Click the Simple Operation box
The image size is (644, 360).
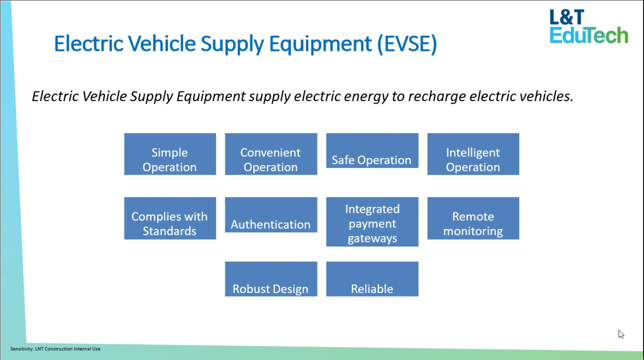(x=170, y=154)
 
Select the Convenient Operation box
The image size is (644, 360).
(x=271, y=154)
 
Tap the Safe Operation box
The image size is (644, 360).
(x=372, y=151)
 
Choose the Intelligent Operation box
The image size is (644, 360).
(x=473, y=154)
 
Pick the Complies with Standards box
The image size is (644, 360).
(x=170, y=218)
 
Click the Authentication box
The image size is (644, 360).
(x=271, y=215)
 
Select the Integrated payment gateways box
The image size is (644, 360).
(x=372, y=222)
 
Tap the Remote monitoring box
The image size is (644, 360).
(x=473, y=218)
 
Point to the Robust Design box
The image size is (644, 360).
(x=271, y=279)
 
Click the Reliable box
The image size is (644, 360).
(x=372, y=279)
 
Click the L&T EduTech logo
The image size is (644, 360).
(x=589, y=26)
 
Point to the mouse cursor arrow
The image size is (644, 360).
(x=621, y=334)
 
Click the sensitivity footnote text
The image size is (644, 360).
(x=55, y=349)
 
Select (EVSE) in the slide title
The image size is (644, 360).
(x=407, y=44)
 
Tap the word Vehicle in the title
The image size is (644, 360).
(x=162, y=44)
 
